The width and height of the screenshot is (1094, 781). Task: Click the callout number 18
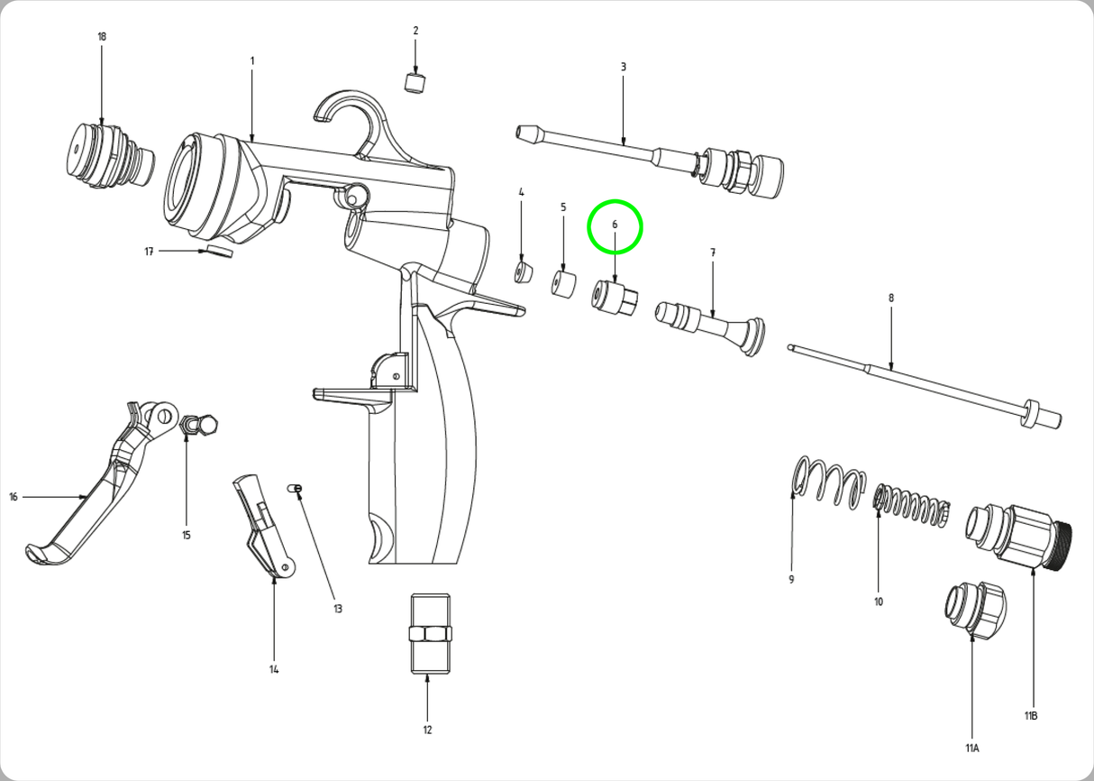tap(101, 37)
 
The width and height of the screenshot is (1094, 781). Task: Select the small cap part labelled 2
tap(415, 83)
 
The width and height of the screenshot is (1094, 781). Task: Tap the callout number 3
tap(623, 67)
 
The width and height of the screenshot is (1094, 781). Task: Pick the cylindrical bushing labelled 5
tap(564, 284)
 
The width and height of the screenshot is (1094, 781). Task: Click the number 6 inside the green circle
tap(615, 225)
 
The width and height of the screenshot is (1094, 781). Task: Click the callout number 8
tap(891, 299)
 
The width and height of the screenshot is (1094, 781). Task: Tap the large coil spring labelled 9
tap(826, 483)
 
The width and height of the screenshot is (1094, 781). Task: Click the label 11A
tap(972, 749)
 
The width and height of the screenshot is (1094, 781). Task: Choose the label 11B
tap(1031, 716)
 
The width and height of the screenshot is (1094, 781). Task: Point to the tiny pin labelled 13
tap(295, 489)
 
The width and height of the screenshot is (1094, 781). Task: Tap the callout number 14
tap(274, 669)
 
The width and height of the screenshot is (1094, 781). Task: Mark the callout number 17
tap(150, 252)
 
